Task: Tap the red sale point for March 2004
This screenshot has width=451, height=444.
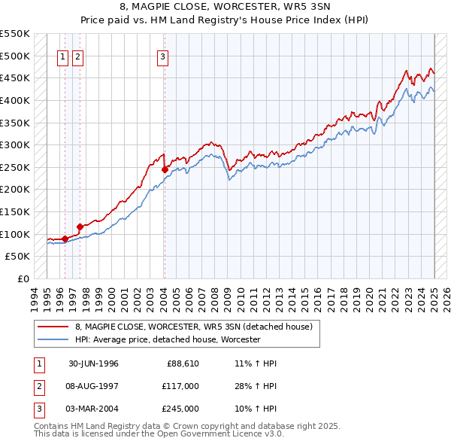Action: point(165,169)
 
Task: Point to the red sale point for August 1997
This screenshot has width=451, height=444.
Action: point(80,226)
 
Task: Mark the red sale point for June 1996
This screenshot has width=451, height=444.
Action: point(65,239)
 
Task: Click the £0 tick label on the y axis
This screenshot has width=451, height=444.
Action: point(23,278)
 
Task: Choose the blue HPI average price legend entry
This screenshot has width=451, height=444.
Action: point(167,339)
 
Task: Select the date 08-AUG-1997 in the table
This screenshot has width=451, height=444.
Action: point(93,386)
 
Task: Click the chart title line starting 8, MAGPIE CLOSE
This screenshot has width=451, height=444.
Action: point(225,8)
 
